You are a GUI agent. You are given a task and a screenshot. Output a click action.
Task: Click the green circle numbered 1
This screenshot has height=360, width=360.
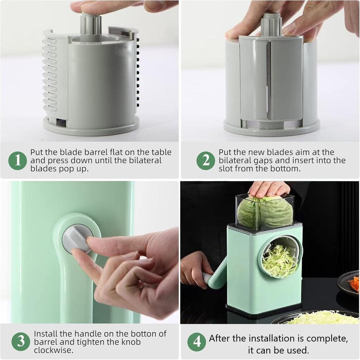point(18,160)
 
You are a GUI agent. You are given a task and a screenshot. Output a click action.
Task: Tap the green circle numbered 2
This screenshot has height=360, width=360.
point(206,161)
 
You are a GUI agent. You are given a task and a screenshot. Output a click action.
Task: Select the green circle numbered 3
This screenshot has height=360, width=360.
point(21,341)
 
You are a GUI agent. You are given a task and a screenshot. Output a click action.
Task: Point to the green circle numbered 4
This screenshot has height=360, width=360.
point(197,341)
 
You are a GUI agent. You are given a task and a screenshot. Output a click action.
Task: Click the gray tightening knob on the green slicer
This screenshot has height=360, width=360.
point(77,239)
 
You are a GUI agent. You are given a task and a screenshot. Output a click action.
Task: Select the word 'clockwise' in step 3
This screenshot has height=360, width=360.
point(51,350)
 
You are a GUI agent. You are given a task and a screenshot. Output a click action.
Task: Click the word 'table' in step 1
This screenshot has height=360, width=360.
point(161,152)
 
